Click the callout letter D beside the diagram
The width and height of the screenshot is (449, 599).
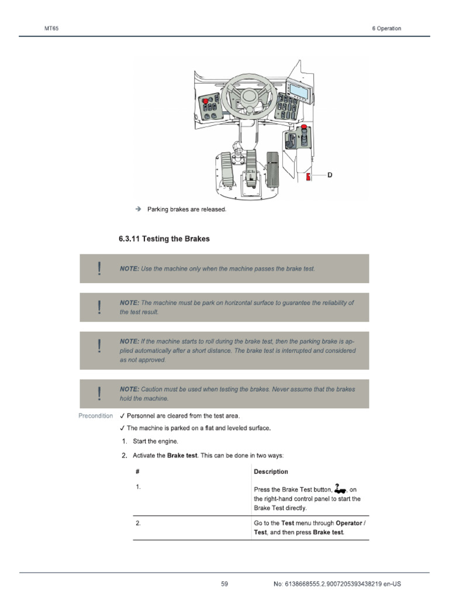[330, 175]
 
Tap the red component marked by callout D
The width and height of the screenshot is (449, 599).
[309, 177]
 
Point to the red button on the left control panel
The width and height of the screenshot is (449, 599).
[205, 101]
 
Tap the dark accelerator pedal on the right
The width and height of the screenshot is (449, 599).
[272, 169]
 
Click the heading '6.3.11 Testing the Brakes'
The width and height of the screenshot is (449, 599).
[164, 239]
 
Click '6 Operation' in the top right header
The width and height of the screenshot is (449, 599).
[386, 29]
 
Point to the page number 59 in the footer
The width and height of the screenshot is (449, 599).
[224, 584]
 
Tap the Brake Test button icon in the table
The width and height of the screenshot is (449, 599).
[340, 488]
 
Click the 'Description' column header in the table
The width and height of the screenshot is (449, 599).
[271, 471]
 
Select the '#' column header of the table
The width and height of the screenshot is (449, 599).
[137, 471]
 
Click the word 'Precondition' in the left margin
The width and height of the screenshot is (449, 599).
[96, 416]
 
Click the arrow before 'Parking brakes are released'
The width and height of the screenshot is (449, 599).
[138, 209]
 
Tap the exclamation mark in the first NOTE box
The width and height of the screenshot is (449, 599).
[100, 268]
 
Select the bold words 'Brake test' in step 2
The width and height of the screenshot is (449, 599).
[182, 455]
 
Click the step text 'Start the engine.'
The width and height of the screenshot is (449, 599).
[155, 441]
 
